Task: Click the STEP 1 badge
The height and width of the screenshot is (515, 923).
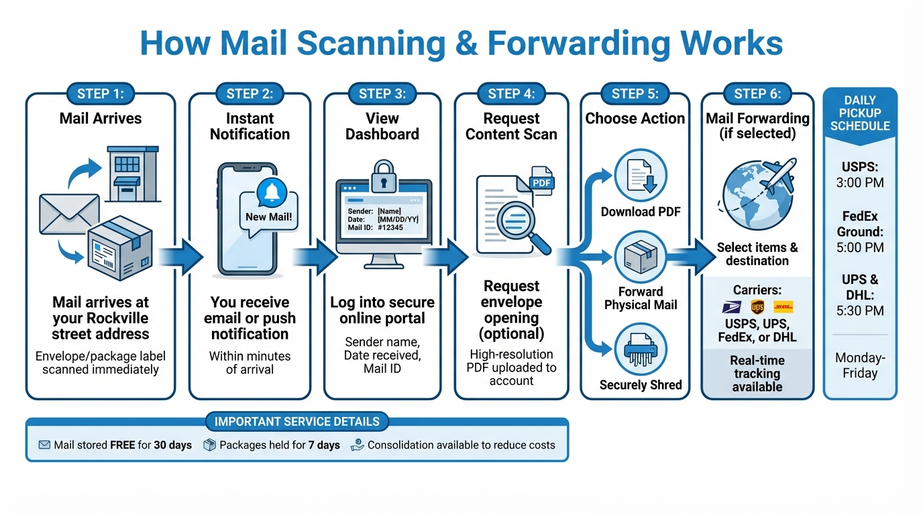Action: (x=101, y=94)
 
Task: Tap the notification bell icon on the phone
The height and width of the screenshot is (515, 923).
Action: (x=272, y=192)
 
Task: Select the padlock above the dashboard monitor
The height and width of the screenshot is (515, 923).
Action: (x=383, y=174)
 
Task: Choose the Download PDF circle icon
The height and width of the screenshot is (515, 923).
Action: (x=640, y=174)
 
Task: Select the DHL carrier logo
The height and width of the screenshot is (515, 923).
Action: (x=783, y=307)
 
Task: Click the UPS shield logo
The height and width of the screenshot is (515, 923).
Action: (x=757, y=307)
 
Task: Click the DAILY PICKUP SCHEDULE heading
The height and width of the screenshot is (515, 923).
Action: (x=860, y=113)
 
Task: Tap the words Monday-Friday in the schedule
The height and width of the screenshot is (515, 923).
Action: (x=860, y=365)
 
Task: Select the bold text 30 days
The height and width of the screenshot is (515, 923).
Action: (x=173, y=445)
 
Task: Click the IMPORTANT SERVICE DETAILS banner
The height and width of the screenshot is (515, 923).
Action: (x=296, y=422)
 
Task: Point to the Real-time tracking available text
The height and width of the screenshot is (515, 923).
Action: (x=757, y=374)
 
